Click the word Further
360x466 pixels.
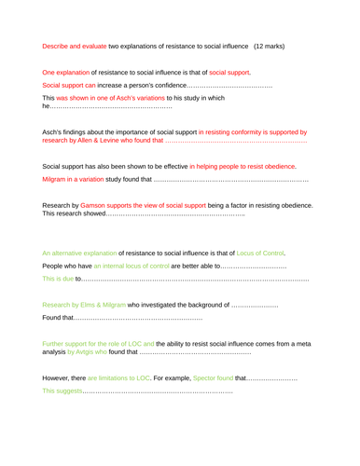click(58, 343)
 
